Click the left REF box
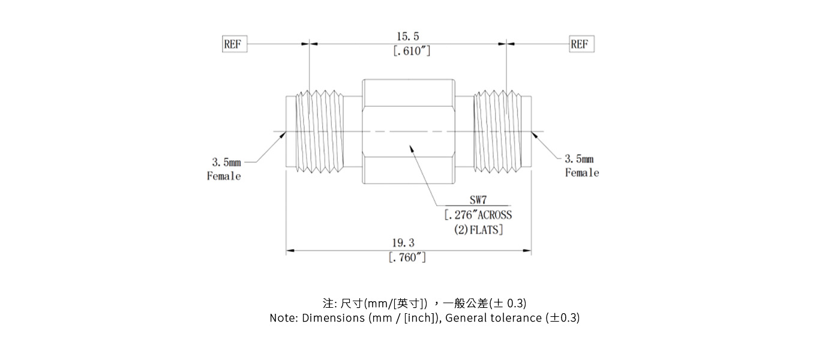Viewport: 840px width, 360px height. pyautogui.click(x=234, y=44)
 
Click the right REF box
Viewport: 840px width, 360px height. pyautogui.click(x=580, y=44)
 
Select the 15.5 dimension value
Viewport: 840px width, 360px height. pyautogui.click(x=408, y=37)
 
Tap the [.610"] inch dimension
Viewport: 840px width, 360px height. pyautogui.click(x=412, y=52)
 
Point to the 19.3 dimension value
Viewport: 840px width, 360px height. pyautogui.click(x=403, y=243)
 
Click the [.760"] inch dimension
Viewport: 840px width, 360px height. pyautogui.click(x=408, y=258)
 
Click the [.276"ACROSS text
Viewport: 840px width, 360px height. pyautogui.click(x=478, y=215)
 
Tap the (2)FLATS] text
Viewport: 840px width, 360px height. pyautogui.click(x=478, y=229)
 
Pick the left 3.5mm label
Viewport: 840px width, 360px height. pyautogui.click(x=226, y=162)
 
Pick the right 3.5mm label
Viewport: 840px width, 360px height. pyautogui.click(x=579, y=159)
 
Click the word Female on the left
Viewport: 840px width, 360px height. pyautogui.click(x=224, y=176)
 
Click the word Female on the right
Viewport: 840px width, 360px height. pyautogui.click(x=582, y=173)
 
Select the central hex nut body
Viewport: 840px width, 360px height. pyautogui.click(x=409, y=132)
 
